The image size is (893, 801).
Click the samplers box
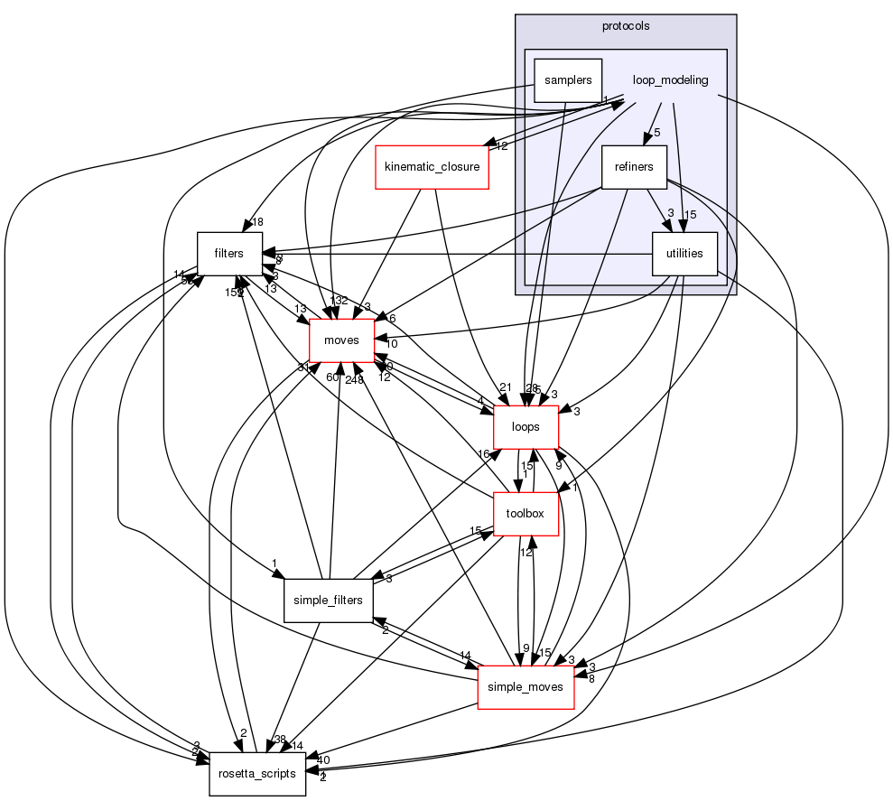pos(567,80)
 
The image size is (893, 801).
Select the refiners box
pos(634,166)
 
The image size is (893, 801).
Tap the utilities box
pos(684,254)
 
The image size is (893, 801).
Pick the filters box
pos(229,254)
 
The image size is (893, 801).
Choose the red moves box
pos(341,340)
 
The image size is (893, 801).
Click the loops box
pos(526,427)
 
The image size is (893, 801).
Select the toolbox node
pos(526,514)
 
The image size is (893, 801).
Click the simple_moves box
pos(526,687)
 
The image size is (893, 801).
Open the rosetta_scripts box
pos(258,774)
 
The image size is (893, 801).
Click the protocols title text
pos(626,25)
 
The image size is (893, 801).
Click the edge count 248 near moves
pos(355,379)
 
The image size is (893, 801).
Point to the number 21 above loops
pos(506,387)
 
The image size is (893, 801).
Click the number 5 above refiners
pos(657,133)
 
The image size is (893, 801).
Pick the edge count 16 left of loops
pos(483,453)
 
